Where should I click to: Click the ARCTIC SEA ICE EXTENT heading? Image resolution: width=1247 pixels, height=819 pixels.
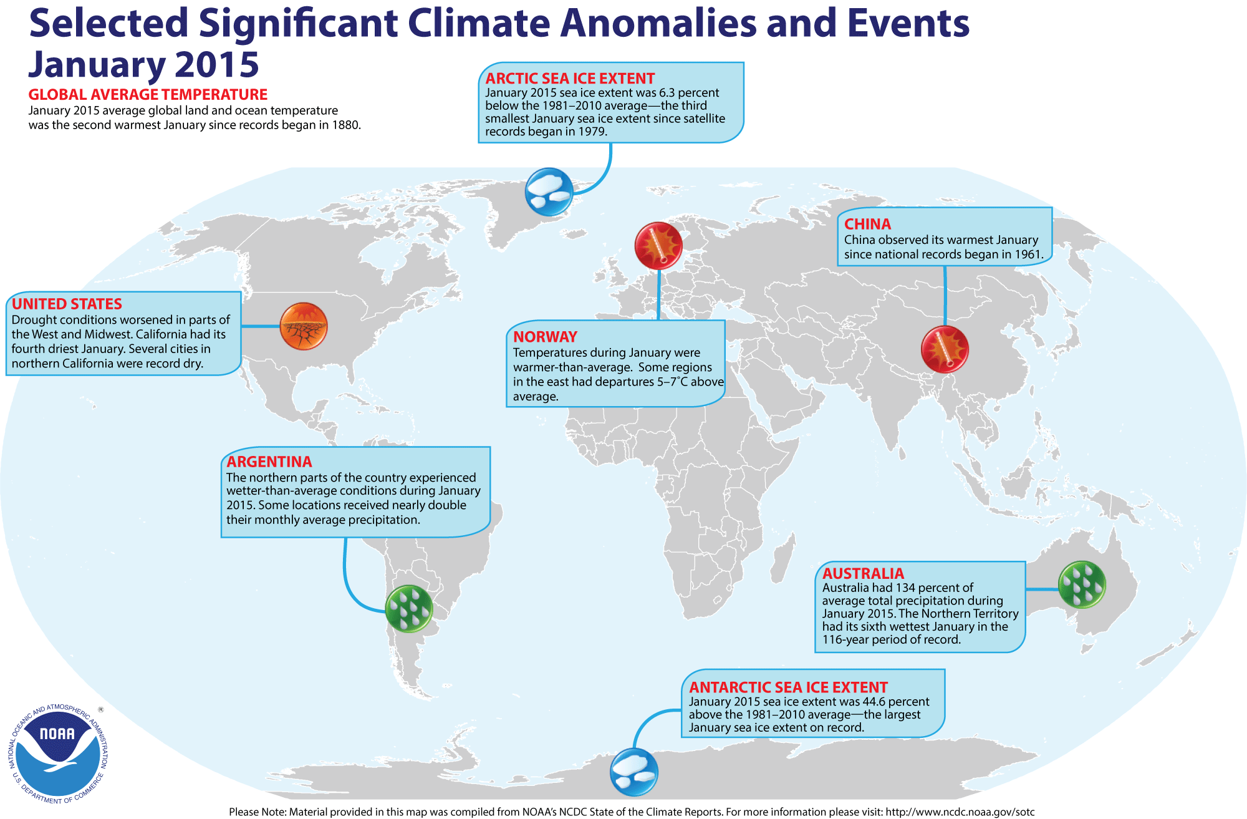570,79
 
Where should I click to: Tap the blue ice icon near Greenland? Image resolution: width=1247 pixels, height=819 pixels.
549,191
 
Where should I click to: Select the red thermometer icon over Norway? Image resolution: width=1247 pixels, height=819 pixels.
658,246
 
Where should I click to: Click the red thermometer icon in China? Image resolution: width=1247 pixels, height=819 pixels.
945,349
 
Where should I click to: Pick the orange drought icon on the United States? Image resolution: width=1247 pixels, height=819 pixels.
304,326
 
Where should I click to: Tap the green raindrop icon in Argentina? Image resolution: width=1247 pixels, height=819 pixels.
408,609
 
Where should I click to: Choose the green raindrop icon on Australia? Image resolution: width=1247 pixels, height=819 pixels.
1082,585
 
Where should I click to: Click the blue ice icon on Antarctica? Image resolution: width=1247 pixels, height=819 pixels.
633,772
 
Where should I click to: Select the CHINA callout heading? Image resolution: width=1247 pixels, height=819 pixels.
867,225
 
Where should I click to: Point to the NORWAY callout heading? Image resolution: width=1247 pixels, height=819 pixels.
545,337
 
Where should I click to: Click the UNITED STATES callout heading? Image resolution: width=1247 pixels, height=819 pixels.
67,304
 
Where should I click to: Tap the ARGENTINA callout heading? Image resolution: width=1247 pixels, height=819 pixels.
269,462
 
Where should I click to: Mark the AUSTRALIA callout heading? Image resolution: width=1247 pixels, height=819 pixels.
863,573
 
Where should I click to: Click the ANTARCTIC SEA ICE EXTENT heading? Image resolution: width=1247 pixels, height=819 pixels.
788,687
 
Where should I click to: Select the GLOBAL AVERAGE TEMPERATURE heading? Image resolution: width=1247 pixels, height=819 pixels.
148,95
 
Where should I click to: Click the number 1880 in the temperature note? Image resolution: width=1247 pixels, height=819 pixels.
345,125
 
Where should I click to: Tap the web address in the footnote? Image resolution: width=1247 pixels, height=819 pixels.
960,812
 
